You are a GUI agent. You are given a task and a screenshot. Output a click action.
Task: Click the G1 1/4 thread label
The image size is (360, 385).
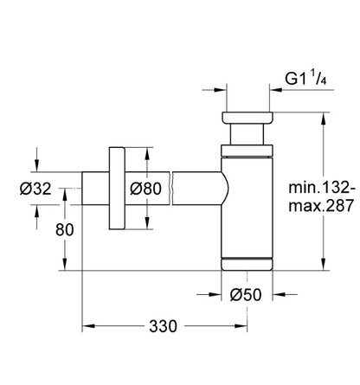(305, 79)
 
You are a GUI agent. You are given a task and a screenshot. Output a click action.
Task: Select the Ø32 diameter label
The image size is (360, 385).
(35, 189)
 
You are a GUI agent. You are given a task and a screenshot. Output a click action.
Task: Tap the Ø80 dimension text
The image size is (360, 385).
(145, 189)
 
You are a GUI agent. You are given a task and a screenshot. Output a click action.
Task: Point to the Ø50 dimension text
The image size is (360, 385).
(246, 295)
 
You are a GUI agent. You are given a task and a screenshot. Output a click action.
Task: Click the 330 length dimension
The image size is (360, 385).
(163, 326)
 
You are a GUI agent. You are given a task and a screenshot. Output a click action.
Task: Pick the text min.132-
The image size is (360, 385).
(322, 188)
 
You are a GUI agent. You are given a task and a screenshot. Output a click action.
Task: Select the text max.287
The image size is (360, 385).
(321, 206)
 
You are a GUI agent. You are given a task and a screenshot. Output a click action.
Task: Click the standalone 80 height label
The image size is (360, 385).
(65, 230)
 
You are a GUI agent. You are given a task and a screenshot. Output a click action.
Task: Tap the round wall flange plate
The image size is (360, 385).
(117, 189)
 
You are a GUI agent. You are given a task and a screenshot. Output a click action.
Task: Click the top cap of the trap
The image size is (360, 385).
(247, 118)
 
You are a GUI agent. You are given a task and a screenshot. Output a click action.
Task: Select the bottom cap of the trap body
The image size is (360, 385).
(247, 264)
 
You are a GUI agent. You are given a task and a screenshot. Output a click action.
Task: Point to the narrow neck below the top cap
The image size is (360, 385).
(247, 134)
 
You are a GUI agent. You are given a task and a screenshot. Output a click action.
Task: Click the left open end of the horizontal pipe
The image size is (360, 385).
(82, 189)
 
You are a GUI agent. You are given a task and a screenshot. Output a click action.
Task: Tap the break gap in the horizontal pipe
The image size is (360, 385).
(171, 189)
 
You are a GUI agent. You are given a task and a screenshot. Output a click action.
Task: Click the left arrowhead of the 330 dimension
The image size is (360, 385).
(88, 326)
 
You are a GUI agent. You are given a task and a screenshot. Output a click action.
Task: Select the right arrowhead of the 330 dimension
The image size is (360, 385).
(241, 326)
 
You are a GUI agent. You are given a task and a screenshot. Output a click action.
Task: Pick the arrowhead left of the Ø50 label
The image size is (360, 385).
(215, 294)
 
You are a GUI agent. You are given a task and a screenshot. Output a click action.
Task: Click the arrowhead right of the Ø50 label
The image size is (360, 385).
(279, 294)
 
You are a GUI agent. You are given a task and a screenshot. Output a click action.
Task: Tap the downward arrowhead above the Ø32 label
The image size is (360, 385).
(36, 166)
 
